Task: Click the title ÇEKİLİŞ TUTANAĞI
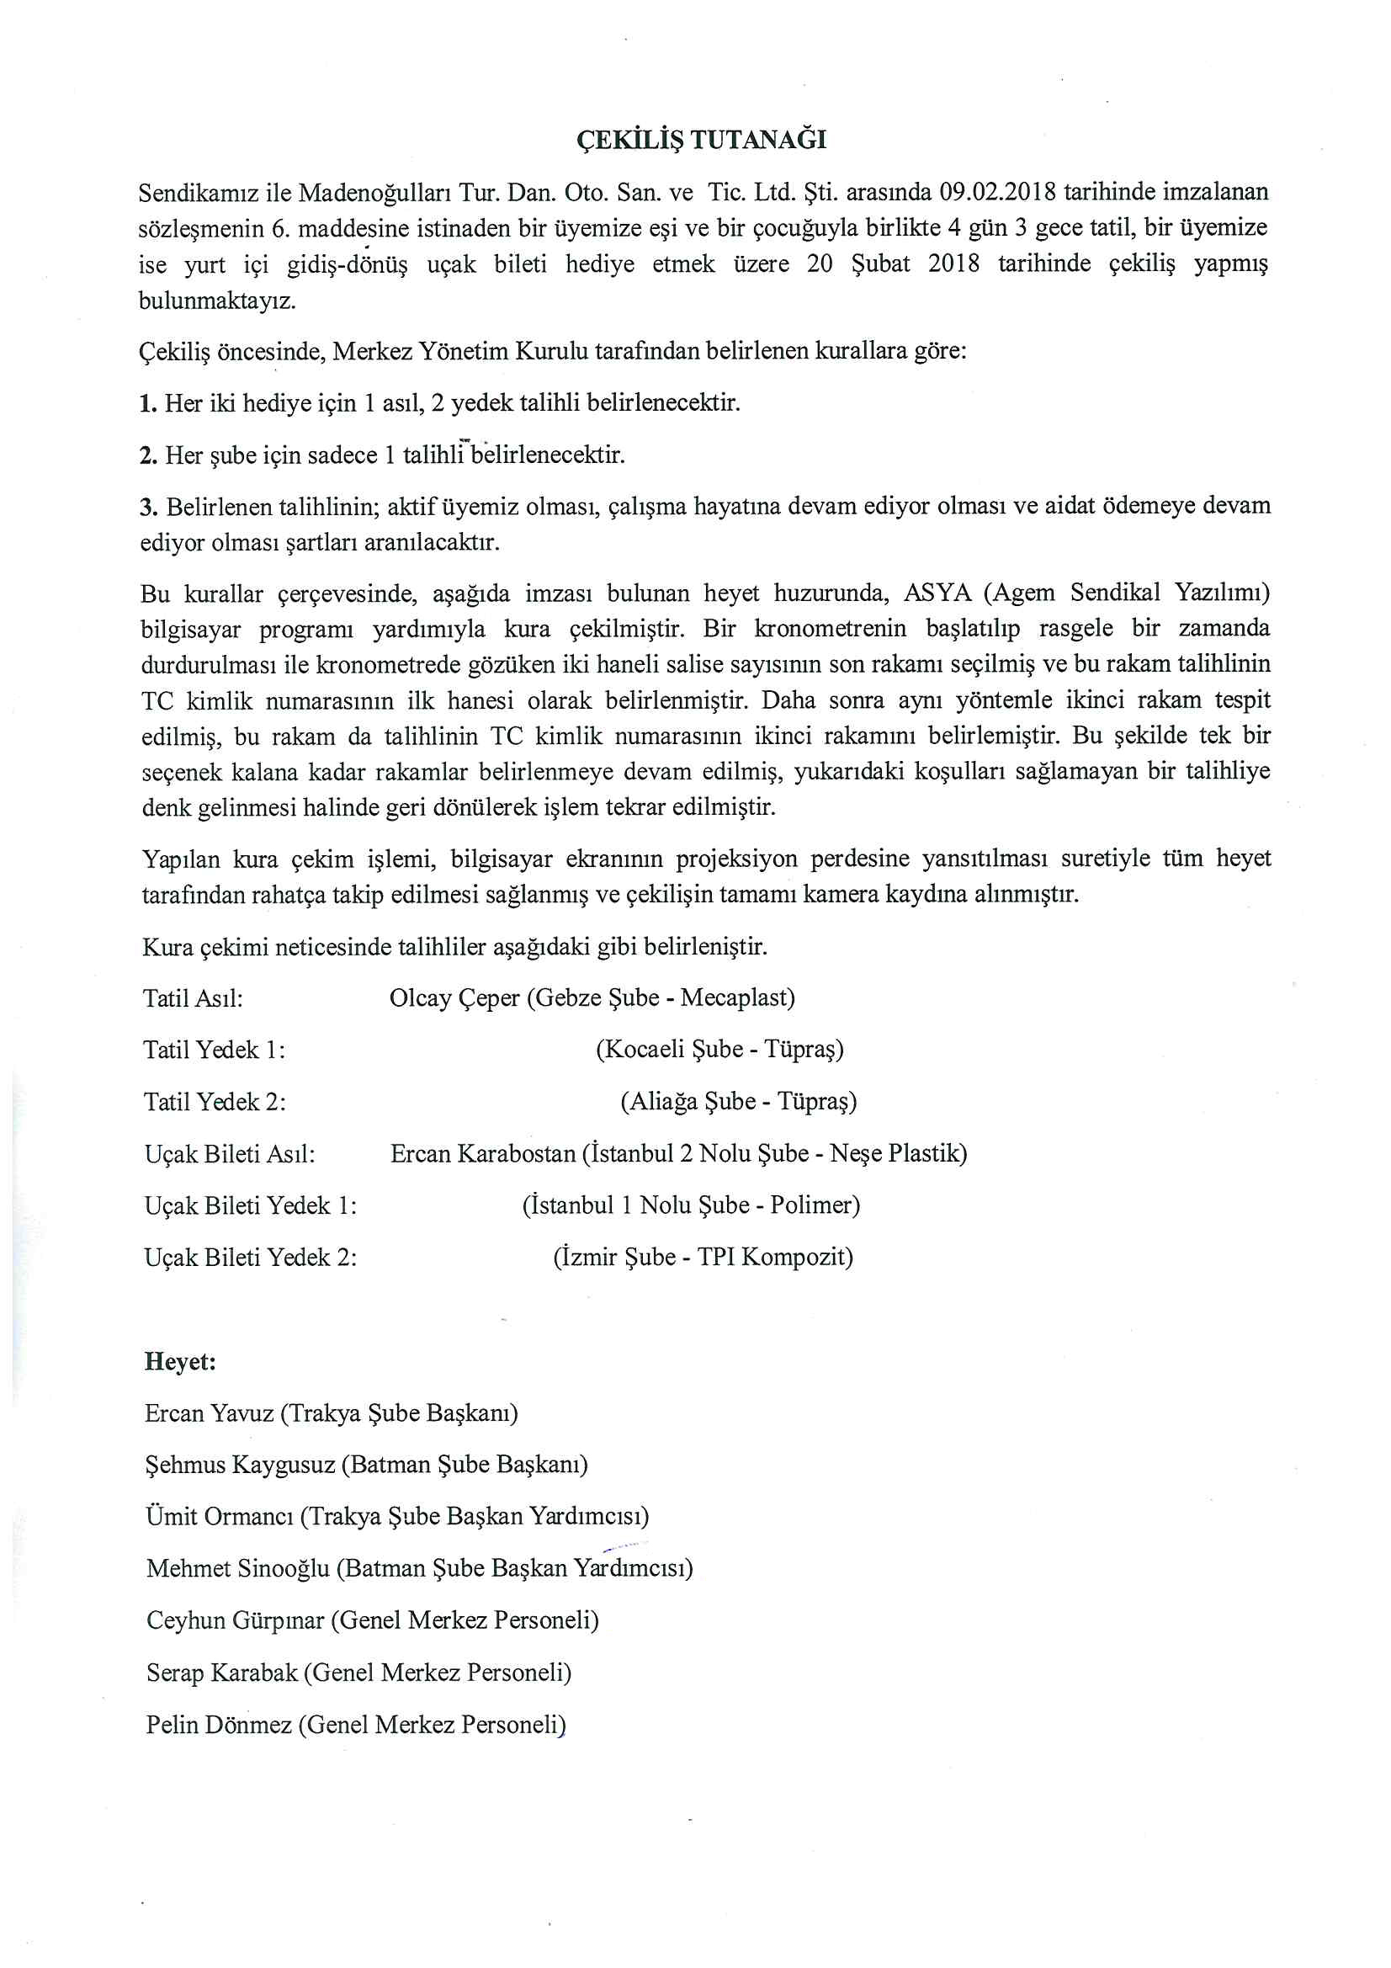pos(701,140)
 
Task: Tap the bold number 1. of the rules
pos(148,403)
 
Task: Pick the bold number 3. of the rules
pos(149,507)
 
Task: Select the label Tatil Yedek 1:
pos(215,1050)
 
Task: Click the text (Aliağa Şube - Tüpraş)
pos(738,1102)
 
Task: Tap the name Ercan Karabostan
pos(482,1154)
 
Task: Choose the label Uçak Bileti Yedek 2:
pos(250,1258)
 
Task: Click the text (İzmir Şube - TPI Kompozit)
pos(703,1258)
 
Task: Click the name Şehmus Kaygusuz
pos(240,1465)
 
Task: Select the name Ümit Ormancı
pos(220,1516)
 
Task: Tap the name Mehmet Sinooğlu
pos(237,1568)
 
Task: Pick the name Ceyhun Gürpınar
pos(235,1621)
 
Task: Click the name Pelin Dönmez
pos(219,1725)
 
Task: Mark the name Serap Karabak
pos(221,1673)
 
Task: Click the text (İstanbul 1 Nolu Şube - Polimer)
pos(691,1205)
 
